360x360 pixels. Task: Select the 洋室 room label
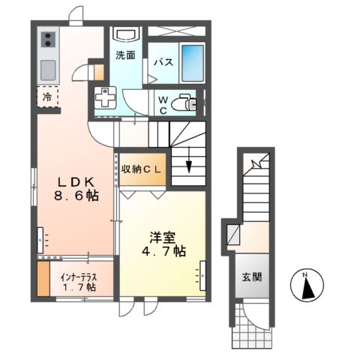[x=160, y=237]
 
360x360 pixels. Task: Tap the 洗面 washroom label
[x=124, y=54]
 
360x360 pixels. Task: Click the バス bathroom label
[x=164, y=63]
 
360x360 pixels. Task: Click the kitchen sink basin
[x=47, y=70]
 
